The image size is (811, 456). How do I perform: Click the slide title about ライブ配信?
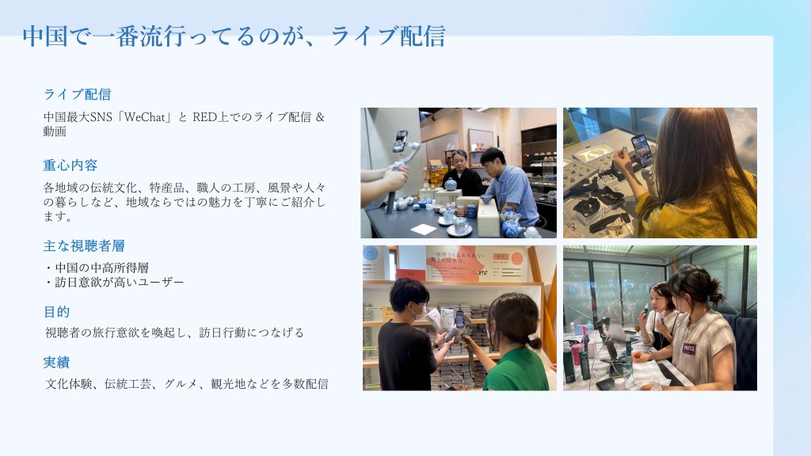pos(234,36)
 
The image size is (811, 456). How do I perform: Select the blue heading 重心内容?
pos(70,165)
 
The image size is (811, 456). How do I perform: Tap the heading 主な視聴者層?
pos(84,246)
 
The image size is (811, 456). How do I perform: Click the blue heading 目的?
pos(56,312)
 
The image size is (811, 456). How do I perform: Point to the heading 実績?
pos(56,363)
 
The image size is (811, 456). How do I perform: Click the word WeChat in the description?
pos(144,117)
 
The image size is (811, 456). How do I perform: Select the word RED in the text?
pos(204,117)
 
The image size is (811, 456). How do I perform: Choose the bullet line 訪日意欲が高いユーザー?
pos(114,283)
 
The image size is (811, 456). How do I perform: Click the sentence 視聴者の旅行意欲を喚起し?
pos(119,332)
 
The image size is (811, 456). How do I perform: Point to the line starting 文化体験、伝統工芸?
pos(187,384)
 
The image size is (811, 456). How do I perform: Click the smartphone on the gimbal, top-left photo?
pos(400,141)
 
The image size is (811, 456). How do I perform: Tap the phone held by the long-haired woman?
pos(642,151)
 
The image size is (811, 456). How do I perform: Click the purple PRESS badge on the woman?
pos(689,348)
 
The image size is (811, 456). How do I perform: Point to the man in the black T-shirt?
pos(409,335)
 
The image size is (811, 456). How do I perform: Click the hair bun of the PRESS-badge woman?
pos(716,295)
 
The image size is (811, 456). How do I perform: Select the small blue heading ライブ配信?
pos(77,94)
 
